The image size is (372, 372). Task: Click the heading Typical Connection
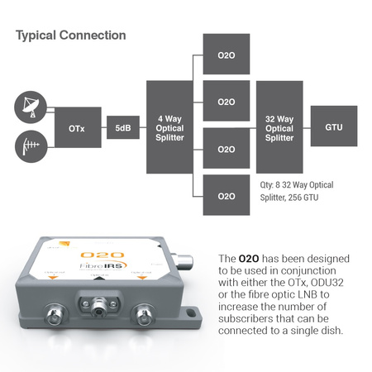(70, 36)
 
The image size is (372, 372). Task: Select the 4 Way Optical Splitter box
(169, 127)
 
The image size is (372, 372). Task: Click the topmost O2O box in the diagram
(226, 55)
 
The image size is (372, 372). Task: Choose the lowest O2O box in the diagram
(226, 197)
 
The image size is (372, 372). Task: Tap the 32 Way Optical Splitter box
(279, 127)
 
